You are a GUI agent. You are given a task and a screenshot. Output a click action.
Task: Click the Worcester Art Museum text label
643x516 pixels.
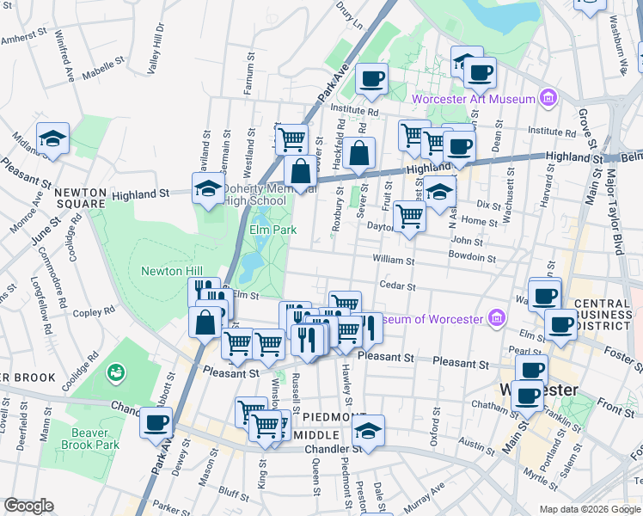[474, 99]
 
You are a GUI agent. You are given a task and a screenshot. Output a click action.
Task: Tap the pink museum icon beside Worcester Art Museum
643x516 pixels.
[546, 99]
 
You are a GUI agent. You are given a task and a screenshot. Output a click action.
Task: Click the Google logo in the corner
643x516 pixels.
[28, 506]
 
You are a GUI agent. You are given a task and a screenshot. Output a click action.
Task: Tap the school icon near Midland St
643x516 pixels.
[52, 139]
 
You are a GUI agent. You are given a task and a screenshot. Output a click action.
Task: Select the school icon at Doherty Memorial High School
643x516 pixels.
[207, 189]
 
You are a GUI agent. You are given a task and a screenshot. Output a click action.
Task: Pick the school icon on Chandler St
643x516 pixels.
[367, 431]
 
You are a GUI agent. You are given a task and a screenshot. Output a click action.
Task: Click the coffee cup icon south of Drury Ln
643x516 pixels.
[372, 80]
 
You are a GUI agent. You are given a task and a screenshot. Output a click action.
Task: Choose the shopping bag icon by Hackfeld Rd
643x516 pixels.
[362, 154]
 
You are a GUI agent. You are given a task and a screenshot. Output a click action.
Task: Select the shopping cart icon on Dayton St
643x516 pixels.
[410, 217]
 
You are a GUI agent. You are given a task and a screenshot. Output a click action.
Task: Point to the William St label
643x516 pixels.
[394, 260]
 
